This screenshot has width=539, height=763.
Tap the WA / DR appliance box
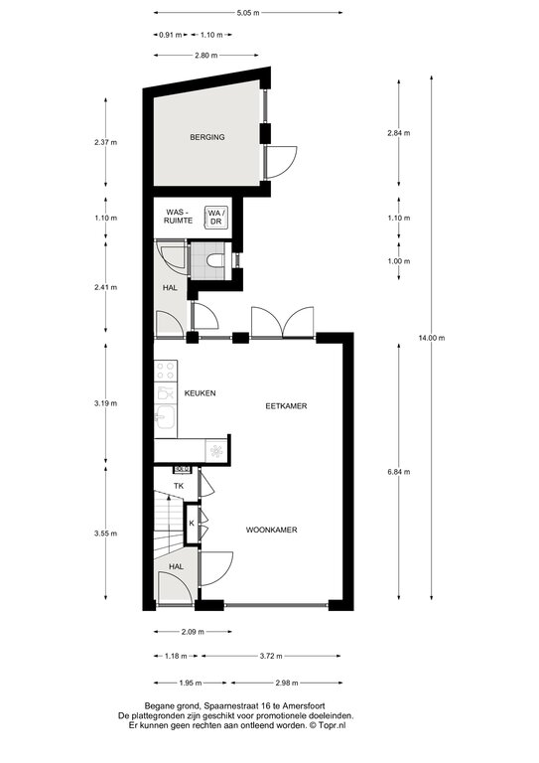pos(216,217)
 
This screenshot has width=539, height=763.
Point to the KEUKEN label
pos(200,393)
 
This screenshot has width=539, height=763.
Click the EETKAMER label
pos(286,405)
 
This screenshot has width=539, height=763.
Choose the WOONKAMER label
pos(271,530)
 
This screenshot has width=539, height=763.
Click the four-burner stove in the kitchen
pos(165,371)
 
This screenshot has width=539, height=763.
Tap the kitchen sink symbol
pos(165,417)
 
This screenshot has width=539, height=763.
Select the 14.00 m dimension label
pos(432,338)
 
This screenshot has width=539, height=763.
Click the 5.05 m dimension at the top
pos(248,13)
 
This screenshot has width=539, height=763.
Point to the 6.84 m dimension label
pos(398,472)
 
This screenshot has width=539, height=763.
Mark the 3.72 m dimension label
pos(271,656)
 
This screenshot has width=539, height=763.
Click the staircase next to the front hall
pos(169,525)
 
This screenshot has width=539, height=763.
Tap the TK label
pos(179,486)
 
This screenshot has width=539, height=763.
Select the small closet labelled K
pos(192,524)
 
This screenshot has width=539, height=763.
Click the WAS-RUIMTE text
pos(180,217)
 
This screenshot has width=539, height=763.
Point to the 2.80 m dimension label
pos(206,56)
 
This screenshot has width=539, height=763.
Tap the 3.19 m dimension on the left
pos(106,403)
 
